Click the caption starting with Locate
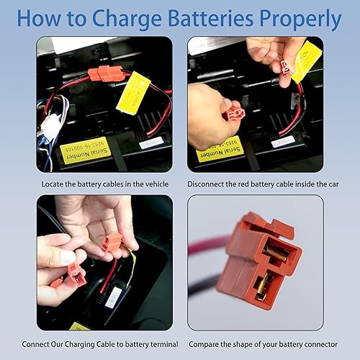pos(104,184)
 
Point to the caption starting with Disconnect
pos(256,184)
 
